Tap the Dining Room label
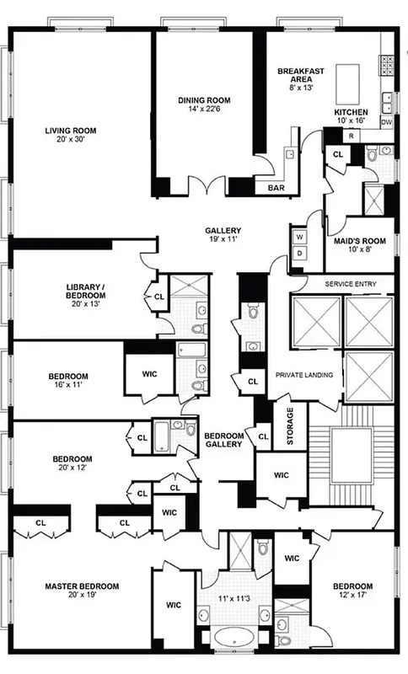204,104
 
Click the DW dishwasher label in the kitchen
387,123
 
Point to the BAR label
276,188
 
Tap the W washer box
299,237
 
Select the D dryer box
299,252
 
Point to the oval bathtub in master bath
227,635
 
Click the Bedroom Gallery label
224,440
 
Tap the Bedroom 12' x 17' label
352,590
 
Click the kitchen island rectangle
348,82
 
